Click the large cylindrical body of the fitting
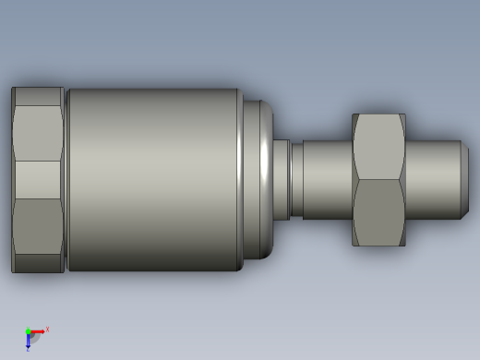coord(152,180)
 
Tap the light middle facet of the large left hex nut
coord(38,180)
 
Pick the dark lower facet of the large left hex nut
coord(38,226)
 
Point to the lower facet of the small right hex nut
coord(378,212)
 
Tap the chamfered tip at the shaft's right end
coord(464,180)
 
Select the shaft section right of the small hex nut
coord(432,180)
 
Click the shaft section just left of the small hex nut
coord(327,180)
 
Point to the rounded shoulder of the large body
coord(258,180)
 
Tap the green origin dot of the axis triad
coord(29,331)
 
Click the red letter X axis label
coord(47,329)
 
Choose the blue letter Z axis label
coord(29,349)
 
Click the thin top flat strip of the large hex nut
coord(38,96)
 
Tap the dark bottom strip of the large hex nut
coord(38,264)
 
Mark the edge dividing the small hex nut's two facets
coord(378,180)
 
